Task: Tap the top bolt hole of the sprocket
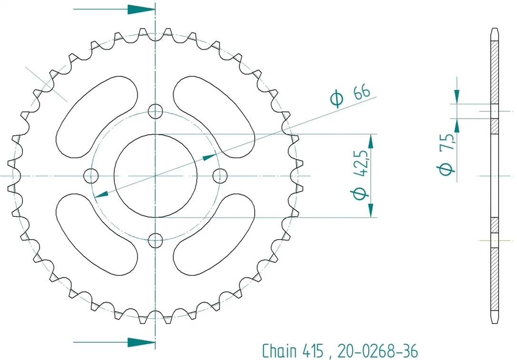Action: pyautogui.click(x=155, y=111)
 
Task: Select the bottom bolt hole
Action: pyautogui.click(x=155, y=240)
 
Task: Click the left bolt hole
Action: pyautogui.click(x=90, y=176)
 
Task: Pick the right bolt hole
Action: pyautogui.click(x=220, y=176)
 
